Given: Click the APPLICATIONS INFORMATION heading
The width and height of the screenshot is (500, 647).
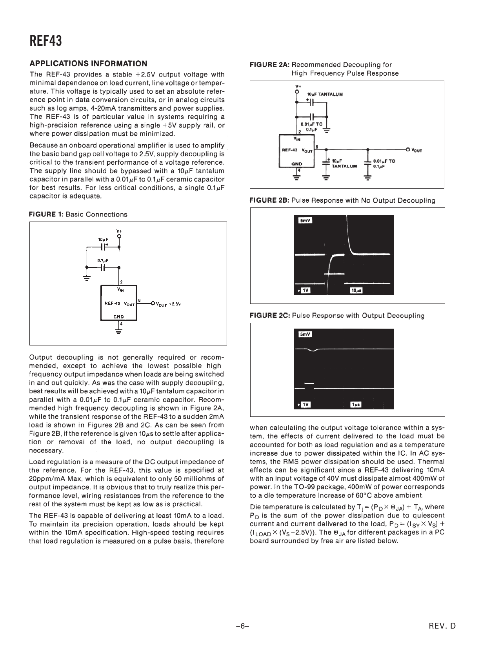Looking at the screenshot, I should [x=89, y=64].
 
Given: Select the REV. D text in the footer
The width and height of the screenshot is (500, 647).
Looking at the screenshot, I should [x=443, y=626].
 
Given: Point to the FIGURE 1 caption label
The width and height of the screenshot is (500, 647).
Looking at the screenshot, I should [x=47, y=214].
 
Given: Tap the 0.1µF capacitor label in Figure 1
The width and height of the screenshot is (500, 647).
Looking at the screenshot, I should [x=103, y=260].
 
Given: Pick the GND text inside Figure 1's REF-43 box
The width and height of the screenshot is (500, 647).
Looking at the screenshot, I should [x=118, y=316].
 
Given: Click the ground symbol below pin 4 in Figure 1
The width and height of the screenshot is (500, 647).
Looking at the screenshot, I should [x=118, y=331].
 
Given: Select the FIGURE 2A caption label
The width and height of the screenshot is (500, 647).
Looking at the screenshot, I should [x=270, y=65].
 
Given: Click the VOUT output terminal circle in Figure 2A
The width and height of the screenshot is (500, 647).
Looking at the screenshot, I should [x=408, y=149].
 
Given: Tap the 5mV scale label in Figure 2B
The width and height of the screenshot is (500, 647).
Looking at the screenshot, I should [x=305, y=220].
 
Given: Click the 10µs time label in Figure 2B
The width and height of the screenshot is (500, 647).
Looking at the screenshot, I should [x=356, y=291].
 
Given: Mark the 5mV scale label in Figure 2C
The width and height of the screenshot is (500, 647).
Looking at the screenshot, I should [x=305, y=334].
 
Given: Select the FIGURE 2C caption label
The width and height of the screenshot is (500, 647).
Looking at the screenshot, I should [x=270, y=316].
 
